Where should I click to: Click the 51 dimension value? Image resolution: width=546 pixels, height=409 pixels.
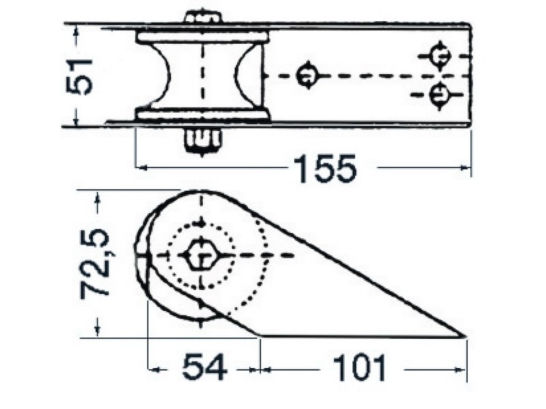click(79, 76)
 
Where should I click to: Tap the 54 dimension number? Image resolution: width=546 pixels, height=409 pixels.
click(204, 367)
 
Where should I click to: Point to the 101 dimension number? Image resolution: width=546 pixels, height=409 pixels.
click(360, 367)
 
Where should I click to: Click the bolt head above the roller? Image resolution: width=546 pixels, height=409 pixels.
click(203, 17)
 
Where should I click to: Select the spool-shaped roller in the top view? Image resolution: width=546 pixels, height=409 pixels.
click(202, 76)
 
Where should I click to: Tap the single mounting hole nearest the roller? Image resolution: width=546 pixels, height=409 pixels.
click(307, 76)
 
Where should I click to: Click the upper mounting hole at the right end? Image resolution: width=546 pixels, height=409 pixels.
click(440, 56)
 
